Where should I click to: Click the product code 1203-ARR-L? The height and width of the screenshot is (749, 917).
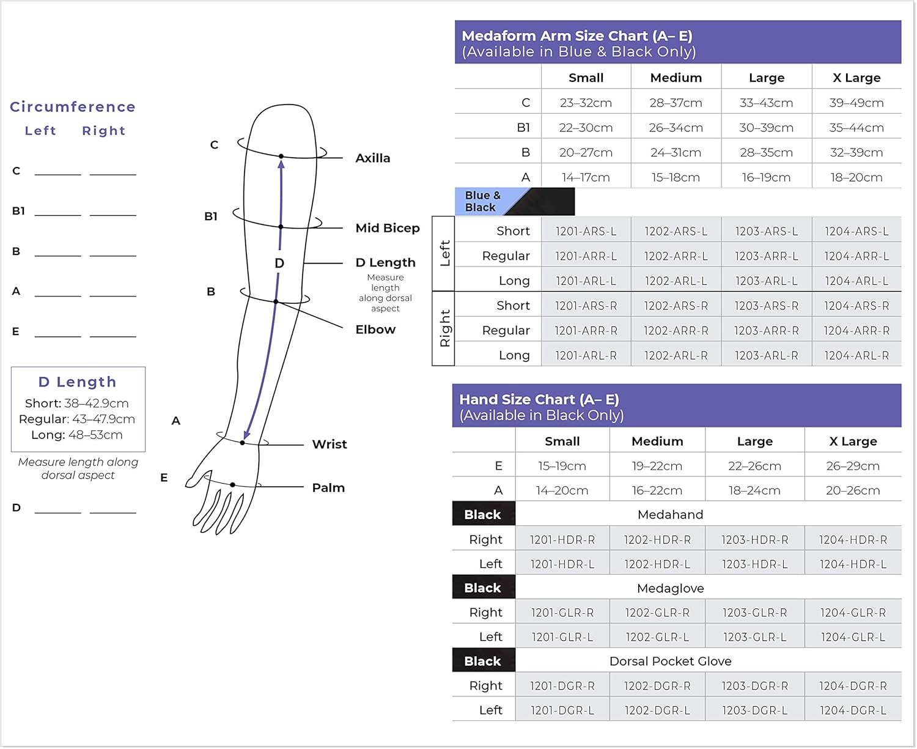click(767, 256)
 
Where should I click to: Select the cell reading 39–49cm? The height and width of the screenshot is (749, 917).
click(856, 103)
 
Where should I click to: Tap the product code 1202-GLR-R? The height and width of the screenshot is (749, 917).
click(657, 613)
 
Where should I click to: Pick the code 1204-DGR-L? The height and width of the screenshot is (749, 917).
click(853, 710)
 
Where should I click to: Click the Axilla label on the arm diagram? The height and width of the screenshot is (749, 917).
click(372, 158)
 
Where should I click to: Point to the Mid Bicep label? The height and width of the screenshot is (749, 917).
click(388, 228)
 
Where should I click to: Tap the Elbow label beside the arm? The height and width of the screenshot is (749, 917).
click(375, 330)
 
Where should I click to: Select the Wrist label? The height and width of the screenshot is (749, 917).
click(330, 445)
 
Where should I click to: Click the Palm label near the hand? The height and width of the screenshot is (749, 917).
click(328, 488)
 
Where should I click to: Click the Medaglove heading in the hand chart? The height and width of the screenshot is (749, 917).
click(670, 588)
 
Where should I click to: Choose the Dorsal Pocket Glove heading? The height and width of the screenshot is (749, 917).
click(670, 662)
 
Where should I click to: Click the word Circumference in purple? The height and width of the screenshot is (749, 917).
click(73, 107)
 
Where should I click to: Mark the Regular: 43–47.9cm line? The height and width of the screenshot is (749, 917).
click(77, 419)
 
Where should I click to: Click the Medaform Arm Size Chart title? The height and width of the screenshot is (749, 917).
click(577, 36)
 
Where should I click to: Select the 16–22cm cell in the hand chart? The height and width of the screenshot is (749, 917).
click(657, 490)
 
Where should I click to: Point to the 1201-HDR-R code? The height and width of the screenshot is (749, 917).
click(562, 540)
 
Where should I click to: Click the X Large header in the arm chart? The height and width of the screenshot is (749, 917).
click(856, 78)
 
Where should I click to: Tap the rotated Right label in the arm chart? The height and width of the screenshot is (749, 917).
click(444, 329)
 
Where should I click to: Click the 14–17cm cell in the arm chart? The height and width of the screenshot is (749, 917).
click(586, 177)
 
